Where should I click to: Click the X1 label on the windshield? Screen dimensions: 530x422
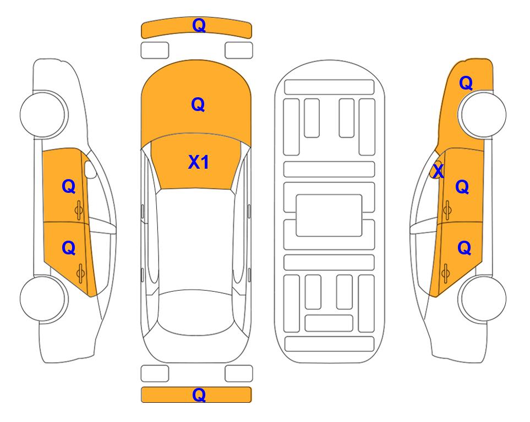coord(199,162)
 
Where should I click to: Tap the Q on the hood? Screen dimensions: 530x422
coord(198,104)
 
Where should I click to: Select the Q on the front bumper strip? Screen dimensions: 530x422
coord(199,25)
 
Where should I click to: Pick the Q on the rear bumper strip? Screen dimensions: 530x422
coord(199,395)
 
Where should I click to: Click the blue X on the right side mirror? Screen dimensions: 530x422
coord(438,170)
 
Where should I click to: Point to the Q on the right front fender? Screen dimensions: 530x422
coord(466,83)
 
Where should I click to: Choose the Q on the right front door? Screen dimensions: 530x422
coord(462,187)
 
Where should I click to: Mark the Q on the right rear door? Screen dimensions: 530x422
coord(464,248)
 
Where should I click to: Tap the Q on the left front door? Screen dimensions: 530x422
coord(69,186)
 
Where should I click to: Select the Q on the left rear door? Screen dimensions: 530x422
coord(69,248)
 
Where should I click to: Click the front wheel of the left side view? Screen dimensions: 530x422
coord(43,114)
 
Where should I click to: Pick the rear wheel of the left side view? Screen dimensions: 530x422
coord(43,298)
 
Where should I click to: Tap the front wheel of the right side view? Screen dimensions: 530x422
coord(483,114)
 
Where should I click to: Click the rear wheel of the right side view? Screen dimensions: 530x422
coord(483,298)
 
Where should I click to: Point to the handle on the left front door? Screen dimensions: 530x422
coord(79,210)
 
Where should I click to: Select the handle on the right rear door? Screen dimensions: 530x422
coord(446,274)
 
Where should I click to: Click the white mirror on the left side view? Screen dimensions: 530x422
coord(90,169)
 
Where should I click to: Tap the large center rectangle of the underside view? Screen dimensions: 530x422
coord(329,215)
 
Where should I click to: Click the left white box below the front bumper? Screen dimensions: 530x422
coord(155,51)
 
